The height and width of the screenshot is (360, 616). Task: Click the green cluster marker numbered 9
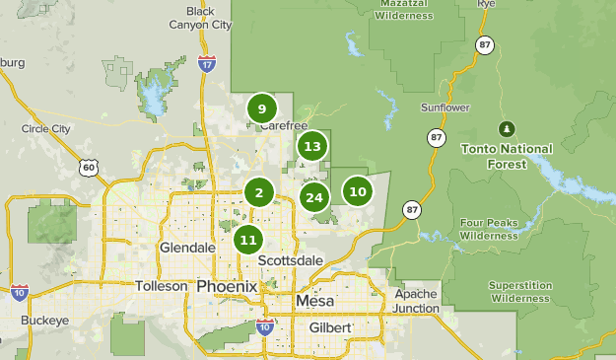click(261, 108)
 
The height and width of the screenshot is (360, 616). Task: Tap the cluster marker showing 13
click(312, 147)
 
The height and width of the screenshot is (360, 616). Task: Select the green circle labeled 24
click(314, 197)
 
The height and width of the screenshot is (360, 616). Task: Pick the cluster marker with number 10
click(358, 191)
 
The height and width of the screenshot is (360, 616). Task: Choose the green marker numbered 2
click(259, 192)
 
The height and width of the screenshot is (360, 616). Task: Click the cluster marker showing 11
click(248, 239)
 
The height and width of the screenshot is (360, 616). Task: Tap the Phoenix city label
click(226, 286)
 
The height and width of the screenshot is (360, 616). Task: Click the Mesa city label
click(314, 300)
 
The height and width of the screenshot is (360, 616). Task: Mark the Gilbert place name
click(330, 326)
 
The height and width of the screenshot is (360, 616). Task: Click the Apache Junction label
click(415, 301)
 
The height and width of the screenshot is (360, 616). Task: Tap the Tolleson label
click(161, 286)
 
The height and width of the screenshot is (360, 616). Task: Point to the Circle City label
click(46, 128)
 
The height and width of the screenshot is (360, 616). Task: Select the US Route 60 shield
click(89, 168)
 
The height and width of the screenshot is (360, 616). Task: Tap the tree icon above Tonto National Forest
click(507, 129)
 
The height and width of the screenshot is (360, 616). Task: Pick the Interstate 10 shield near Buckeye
click(19, 292)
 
